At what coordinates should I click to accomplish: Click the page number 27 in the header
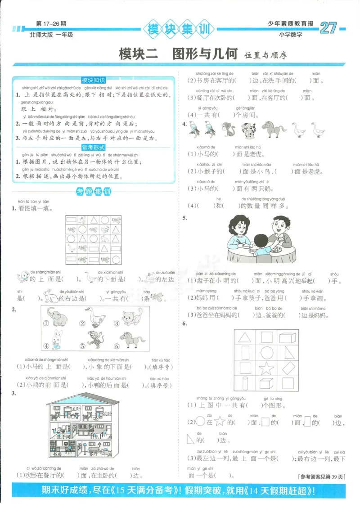(328, 28)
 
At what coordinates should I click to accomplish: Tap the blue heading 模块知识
(93, 80)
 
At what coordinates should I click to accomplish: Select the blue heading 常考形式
(93, 148)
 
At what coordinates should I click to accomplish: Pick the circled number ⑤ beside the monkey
(82, 346)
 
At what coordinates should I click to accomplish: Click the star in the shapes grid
(266, 368)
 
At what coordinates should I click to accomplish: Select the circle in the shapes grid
(266, 353)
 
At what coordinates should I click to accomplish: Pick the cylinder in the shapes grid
(246, 384)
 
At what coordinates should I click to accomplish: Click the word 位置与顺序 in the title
(265, 55)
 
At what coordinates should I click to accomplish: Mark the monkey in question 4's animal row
(228, 130)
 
